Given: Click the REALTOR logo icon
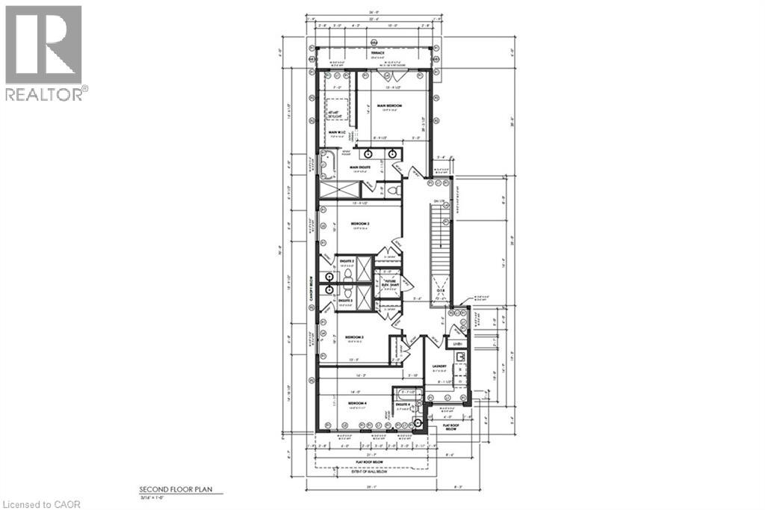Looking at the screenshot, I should pos(43,45).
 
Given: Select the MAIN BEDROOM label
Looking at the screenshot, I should pos(389,106).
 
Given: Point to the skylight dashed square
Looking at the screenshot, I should pos(334,117).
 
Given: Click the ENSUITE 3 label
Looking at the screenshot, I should pos(344,301).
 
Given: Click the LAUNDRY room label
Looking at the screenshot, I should pos(439,366).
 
